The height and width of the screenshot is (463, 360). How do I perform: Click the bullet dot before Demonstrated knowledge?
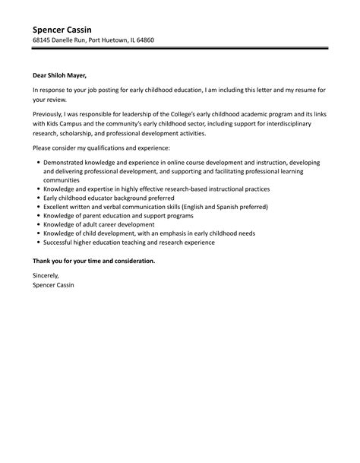(x=37, y=163)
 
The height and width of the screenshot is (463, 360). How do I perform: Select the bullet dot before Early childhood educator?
(x=37, y=198)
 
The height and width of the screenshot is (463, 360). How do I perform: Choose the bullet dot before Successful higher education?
(x=37, y=243)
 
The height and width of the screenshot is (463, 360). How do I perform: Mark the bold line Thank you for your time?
(x=93, y=261)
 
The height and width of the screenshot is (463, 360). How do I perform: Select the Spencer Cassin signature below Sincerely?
(x=55, y=287)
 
